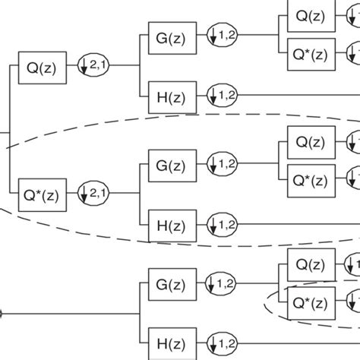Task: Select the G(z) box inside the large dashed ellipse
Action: tap(167, 164)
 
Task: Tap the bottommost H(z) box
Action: tap(167, 338)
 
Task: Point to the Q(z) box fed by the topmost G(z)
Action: tap(311, 16)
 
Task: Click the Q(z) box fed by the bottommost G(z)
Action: tap(311, 264)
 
